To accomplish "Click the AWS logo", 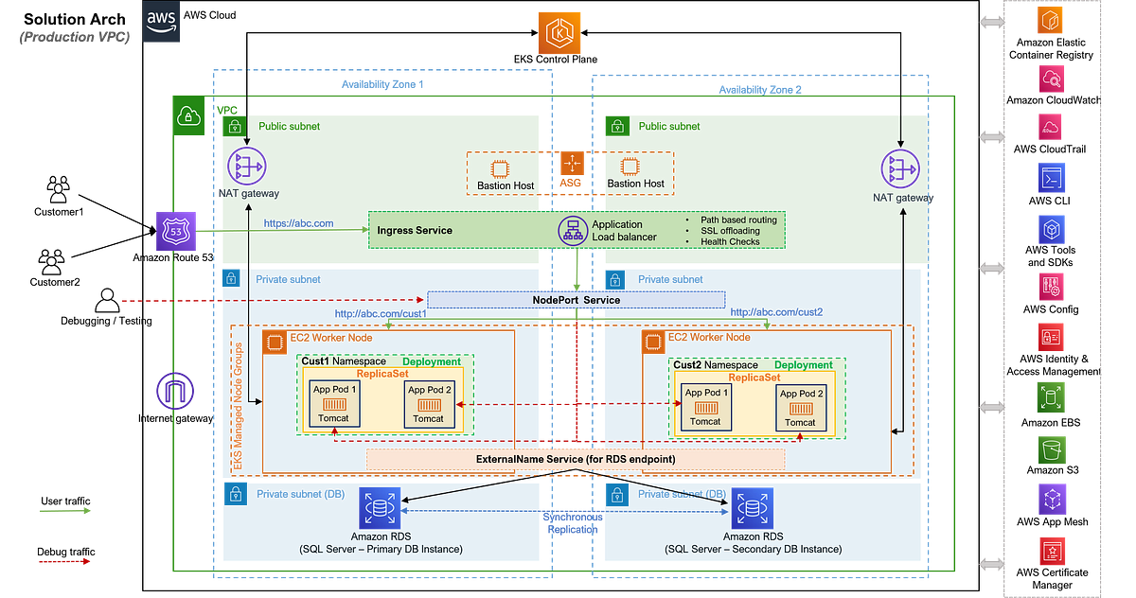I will click(x=162, y=24).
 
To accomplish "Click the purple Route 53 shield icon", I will click(x=173, y=231).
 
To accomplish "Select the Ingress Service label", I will click(x=415, y=230).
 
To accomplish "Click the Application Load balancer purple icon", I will click(x=571, y=231).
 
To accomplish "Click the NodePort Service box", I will click(x=576, y=300).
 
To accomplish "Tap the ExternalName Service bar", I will click(x=575, y=459).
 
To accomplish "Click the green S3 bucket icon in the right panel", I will click(x=1051, y=446).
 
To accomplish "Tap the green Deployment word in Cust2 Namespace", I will click(x=804, y=364).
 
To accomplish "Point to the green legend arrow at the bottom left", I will click(x=65, y=511).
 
